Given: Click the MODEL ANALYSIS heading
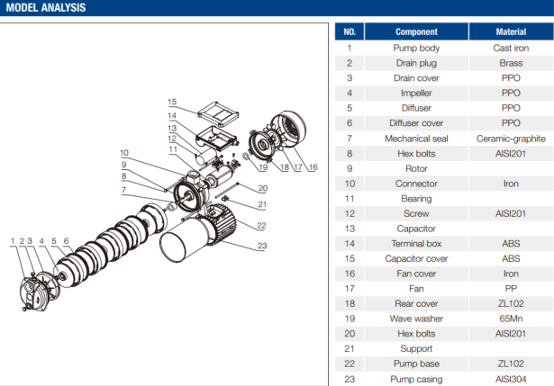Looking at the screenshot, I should point(44,8).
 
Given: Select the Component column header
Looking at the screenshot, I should point(415,31).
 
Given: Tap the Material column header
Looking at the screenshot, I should point(510,31).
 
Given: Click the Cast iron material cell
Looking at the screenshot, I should point(510,48).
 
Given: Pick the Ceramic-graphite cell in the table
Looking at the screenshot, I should point(510,139).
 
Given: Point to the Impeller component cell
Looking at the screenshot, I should point(415,93).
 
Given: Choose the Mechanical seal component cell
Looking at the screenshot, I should point(415,139).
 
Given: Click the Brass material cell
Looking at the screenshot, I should point(510,63).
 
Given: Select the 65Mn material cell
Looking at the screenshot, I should point(510,319).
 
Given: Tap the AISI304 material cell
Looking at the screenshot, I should point(510,379).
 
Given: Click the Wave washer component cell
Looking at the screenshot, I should point(415,319).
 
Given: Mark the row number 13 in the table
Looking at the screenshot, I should point(349,229).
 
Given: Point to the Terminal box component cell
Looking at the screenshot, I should point(415,244).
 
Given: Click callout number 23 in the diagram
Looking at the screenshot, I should point(262,247).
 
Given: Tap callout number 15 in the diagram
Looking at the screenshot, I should point(172,103).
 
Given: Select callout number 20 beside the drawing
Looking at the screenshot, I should point(262,188).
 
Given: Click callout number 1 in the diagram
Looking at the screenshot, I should point(14,241).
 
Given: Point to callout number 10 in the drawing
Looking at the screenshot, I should point(123,153).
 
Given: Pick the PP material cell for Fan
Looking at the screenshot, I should point(510,289).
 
